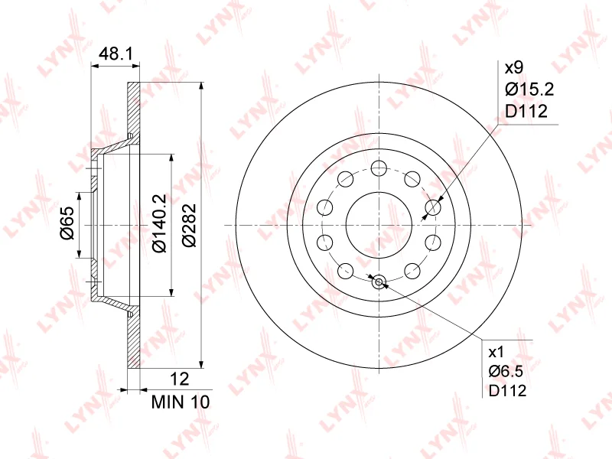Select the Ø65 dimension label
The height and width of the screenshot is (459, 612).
point(67,223)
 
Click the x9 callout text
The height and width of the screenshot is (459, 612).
point(513,67)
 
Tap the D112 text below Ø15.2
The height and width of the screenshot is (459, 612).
point(526,112)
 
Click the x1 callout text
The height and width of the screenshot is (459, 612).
point(496,352)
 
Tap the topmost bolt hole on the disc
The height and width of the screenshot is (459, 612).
point(378,168)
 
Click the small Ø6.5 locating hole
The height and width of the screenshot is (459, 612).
point(378,282)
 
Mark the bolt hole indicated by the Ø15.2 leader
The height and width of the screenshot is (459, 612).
point(434,207)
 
